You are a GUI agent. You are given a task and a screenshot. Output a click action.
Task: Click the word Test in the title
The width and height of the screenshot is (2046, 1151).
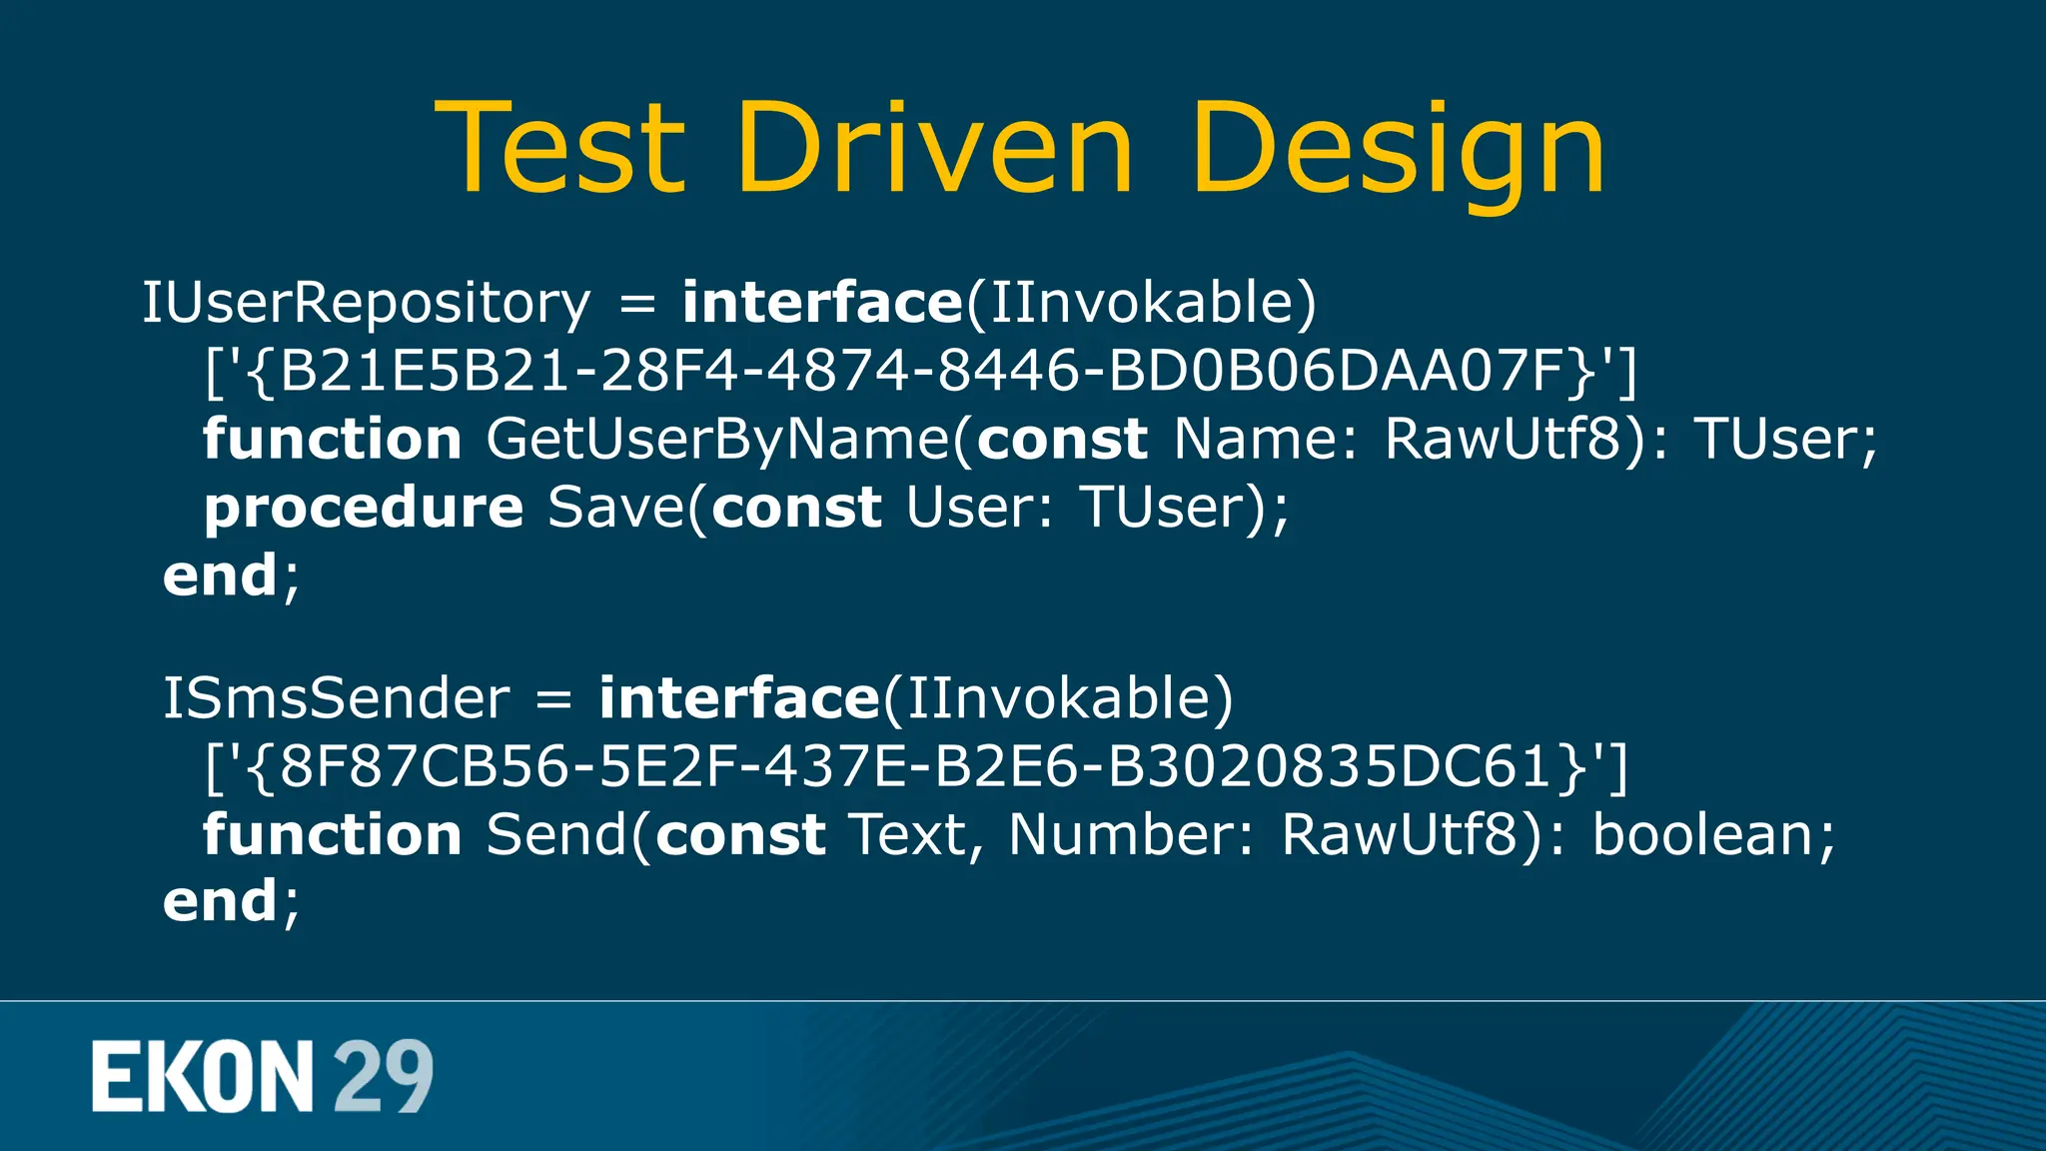coord(560,148)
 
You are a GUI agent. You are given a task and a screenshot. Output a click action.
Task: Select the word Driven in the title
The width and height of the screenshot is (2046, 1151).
coord(934,148)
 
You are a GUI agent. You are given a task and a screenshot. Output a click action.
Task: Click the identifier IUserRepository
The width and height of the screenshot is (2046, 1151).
coord(366,303)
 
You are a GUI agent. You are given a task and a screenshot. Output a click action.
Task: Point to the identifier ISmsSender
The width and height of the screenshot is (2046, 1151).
coord(336,698)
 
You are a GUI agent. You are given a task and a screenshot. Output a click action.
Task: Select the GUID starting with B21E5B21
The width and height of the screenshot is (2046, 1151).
coord(920,371)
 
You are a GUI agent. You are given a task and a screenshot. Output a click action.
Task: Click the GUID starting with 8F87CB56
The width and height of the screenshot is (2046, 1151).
coord(915,766)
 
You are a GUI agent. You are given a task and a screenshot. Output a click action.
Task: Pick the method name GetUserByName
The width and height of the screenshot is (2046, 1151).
coord(717,440)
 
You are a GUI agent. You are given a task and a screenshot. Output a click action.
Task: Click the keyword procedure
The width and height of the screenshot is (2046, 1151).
coord(364,508)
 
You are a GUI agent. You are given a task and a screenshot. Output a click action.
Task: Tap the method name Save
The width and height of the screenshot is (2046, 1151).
coord(614,508)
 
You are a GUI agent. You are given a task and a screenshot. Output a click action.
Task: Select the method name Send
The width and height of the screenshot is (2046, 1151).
coord(555,834)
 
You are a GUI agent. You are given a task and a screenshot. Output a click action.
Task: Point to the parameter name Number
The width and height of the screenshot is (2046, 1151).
coord(1129,834)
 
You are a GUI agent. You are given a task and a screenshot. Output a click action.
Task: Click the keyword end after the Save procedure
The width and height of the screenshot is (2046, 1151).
coord(221,575)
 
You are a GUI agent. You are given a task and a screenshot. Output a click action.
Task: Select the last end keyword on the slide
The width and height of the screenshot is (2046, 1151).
coord(221,901)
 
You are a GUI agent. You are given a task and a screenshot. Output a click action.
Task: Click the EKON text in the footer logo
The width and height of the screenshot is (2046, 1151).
coord(203,1076)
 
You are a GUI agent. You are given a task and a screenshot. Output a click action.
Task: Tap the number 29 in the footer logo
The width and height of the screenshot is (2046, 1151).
coord(383,1076)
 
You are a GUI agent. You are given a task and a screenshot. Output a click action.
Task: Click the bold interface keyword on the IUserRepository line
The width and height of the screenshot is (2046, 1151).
coord(821,303)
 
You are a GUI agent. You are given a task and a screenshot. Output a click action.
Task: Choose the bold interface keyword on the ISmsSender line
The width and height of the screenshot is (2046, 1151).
coord(738,698)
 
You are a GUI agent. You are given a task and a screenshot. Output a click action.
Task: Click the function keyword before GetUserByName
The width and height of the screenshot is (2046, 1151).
coord(332,440)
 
